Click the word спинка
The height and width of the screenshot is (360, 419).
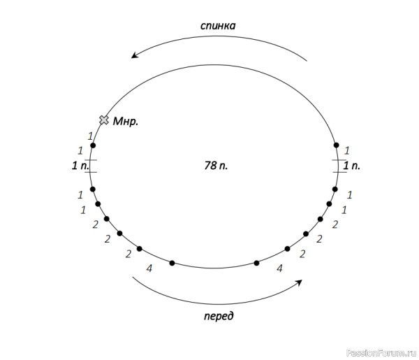tap(218, 26)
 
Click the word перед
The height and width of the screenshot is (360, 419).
tap(219, 316)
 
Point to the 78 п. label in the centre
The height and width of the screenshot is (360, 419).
tap(216, 166)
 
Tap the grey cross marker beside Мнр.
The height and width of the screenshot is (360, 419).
tap(104, 120)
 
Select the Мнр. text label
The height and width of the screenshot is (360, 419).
tap(126, 122)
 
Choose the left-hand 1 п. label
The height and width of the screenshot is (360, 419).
tap(80, 166)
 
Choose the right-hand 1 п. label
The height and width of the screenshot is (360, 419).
tap(352, 166)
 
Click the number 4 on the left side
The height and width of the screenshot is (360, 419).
tap(149, 268)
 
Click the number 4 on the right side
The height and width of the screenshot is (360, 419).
tap(279, 268)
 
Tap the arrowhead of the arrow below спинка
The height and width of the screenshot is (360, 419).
tap(134, 55)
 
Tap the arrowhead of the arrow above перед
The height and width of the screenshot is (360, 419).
tap(299, 283)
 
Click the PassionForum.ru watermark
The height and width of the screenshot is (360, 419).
tap(381, 353)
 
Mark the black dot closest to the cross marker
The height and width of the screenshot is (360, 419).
tap(93, 145)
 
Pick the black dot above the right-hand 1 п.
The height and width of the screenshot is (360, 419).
tap(337, 145)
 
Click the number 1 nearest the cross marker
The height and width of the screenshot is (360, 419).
tap(90, 136)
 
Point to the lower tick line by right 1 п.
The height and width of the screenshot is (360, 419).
tap(340, 172)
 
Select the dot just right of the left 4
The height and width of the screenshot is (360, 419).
tap(172, 263)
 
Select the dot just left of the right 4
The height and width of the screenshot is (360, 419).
tap(256, 263)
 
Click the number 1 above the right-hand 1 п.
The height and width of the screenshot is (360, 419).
tap(347, 151)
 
